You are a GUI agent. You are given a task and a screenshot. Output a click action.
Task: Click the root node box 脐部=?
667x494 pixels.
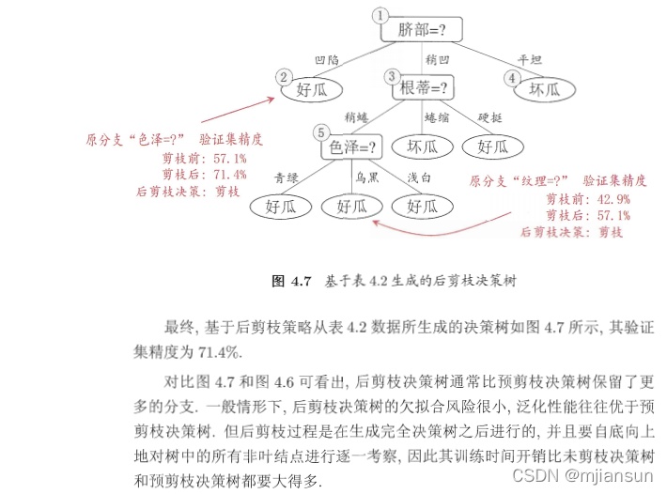(x=417, y=29)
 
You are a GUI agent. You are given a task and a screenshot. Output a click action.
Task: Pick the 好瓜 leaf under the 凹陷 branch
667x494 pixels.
(x=310, y=89)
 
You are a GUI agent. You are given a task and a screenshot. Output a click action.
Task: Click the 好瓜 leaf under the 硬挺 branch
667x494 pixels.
(x=493, y=147)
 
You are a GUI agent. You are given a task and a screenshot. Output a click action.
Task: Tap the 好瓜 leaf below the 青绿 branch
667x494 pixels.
(x=280, y=206)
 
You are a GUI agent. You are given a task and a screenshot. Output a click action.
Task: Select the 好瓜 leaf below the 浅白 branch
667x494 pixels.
(x=418, y=206)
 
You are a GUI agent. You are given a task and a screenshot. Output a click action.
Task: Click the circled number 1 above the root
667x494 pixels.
(x=380, y=15)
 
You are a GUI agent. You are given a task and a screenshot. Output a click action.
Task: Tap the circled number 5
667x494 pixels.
(x=321, y=132)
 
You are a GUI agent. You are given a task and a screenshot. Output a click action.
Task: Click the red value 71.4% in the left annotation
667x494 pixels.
(x=230, y=174)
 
